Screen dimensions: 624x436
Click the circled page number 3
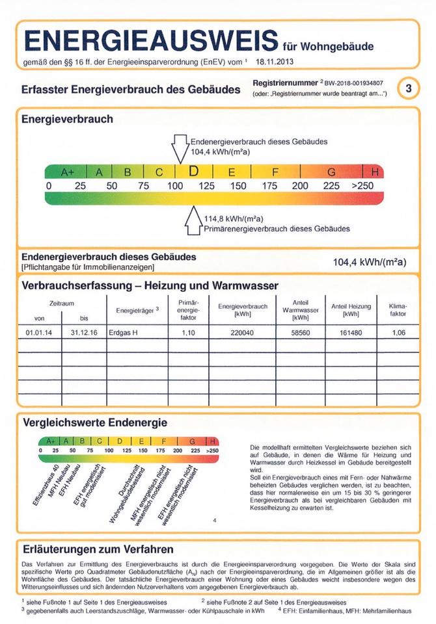408,88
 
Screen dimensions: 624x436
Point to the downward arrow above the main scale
180,148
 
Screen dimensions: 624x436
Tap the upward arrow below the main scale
194,221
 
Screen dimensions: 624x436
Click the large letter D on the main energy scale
193,172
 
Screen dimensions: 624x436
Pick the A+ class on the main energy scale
68,172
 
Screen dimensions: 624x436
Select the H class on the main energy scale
375,172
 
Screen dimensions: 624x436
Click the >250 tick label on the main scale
363,186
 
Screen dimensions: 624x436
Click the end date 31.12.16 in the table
84,333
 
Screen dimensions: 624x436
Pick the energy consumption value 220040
243,333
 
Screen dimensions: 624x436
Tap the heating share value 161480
351,333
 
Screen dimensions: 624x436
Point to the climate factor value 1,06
398,333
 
